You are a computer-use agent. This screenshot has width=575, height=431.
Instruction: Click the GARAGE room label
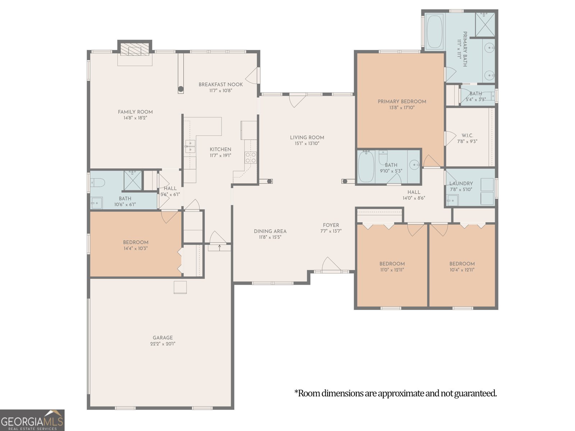click(163, 338)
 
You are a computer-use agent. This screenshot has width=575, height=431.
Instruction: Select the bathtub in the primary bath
click(434, 31)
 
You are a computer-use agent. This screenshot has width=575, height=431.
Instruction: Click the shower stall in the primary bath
click(485, 25)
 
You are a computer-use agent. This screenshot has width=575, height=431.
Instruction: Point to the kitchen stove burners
click(250, 158)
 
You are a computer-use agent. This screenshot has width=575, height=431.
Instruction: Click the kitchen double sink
click(190, 147)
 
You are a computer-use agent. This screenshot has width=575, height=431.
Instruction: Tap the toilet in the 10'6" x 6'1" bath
click(98, 183)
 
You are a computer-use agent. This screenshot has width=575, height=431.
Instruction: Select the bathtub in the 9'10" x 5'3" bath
click(366, 167)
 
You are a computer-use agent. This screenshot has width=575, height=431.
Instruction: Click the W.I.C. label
click(467, 135)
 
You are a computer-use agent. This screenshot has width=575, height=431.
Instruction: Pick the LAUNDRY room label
click(461, 183)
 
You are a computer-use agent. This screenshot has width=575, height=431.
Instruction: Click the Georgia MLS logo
click(32, 421)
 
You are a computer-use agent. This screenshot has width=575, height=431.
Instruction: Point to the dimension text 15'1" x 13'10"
click(307, 143)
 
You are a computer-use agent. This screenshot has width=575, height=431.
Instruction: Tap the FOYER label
click(331, 225)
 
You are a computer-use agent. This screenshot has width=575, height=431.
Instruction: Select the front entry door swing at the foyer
click(331, 264)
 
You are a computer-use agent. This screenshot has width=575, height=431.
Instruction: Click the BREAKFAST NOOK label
click(221, 84)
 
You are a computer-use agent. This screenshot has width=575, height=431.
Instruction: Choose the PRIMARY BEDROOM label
click(402, 101)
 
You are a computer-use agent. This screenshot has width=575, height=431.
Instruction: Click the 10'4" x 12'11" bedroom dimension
click(462, 270)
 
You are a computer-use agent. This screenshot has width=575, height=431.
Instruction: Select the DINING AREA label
click(270, 231)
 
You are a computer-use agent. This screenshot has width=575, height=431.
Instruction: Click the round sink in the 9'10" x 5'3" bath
click(415, 165)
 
